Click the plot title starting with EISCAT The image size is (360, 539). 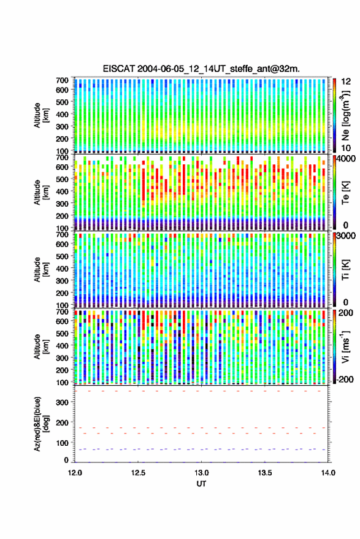[202, 69]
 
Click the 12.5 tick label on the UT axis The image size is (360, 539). [138, 473]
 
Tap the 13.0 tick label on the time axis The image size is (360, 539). [202, 473]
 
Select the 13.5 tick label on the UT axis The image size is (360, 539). [265, 473]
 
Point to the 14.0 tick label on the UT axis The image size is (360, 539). [328, 473]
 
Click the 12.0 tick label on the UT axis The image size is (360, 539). [75, 473]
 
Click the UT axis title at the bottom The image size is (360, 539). [202, 484]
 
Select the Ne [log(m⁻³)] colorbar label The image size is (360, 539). [345, 115]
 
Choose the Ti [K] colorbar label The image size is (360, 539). [345, 270]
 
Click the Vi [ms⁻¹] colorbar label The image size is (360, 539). [345, 346]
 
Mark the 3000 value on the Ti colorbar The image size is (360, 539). [346, 236]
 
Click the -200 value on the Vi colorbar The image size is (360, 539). [345, 379]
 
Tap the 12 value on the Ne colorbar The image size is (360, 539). [346, 82]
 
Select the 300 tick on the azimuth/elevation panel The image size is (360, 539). [62, 402]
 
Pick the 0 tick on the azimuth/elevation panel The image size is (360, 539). [66, 460]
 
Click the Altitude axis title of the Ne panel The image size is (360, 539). [41, 115]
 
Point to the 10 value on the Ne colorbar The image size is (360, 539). [346, 148]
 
